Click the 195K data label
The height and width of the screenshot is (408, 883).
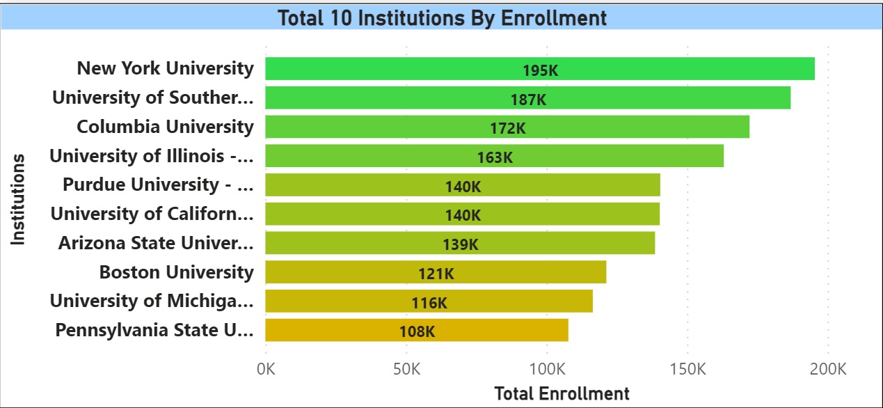point(541,70)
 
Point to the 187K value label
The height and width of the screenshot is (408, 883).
point(528,100)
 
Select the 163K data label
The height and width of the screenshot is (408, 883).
point(495,157)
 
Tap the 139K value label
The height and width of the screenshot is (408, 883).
point(461,244)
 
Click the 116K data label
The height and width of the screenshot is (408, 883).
point(429,303)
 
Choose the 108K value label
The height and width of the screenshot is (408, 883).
point(417,331)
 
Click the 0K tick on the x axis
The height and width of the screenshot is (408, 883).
point(265,368)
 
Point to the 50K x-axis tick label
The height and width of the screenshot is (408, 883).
point(406,368)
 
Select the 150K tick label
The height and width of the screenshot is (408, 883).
point(687,368)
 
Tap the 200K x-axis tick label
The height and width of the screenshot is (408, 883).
point(828,368)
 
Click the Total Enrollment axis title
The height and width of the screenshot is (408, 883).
point(562,393)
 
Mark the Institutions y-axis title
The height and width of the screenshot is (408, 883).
point(19,199)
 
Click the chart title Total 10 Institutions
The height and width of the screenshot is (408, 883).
point(442,17)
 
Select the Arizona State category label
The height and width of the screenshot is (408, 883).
point(156,243)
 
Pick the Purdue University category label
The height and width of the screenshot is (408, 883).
point(158,185)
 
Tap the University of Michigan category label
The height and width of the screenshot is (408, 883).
point(152,301)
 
